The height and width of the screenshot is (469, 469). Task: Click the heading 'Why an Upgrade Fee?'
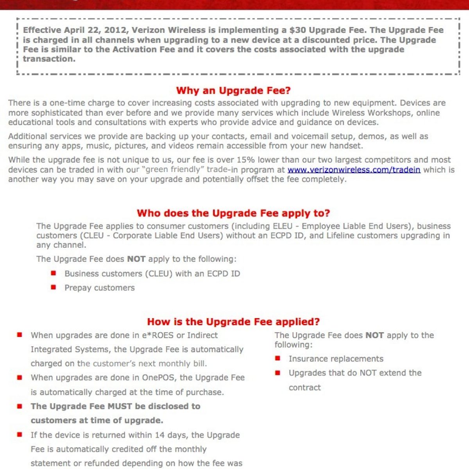click(x=233, y=91)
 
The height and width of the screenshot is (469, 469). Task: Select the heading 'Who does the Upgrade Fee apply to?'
click(x=233, y=213)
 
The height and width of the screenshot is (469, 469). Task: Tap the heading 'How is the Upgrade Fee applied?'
click(x=233, y=322)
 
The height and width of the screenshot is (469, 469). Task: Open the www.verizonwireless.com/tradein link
click(x=354, y=170)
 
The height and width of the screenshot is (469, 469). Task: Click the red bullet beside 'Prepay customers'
click(x=54, y=287)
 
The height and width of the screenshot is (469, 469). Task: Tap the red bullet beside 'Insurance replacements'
click(x=278, y=358)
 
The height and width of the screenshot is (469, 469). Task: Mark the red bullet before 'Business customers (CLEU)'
click(x=54, y=273)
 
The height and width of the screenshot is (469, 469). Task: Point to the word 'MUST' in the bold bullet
click(x=120, y=406)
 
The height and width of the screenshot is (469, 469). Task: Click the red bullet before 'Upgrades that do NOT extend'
click(x=278, y=372)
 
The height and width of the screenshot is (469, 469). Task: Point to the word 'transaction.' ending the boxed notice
click(x=49, y=59)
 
